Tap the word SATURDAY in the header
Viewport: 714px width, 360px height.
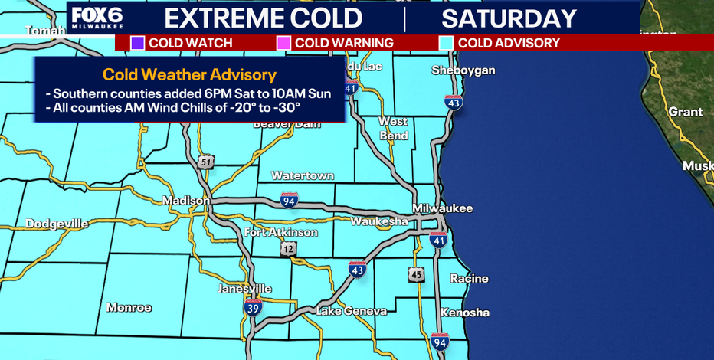tap(509, 18)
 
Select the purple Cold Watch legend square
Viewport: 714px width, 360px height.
tap(137, 43)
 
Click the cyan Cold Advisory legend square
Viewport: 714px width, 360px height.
tap(447, 43)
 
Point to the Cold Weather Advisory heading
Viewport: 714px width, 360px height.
tap(190, 75)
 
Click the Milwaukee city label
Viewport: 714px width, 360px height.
tap(442, 208)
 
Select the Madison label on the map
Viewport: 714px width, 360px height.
tap(186, 201)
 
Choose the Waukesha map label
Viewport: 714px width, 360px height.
tap(379, 221)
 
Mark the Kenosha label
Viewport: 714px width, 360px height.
tap(465, 313)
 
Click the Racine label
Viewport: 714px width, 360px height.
tap(469, 279)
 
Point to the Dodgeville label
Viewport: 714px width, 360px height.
tap(57, 224)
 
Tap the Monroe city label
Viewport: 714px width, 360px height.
tap(129, 307)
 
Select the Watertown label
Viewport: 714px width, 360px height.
tap(303, 175)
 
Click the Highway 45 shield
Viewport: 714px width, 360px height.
tap(416, 275)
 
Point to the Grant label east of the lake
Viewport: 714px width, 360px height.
tap(685, 112)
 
